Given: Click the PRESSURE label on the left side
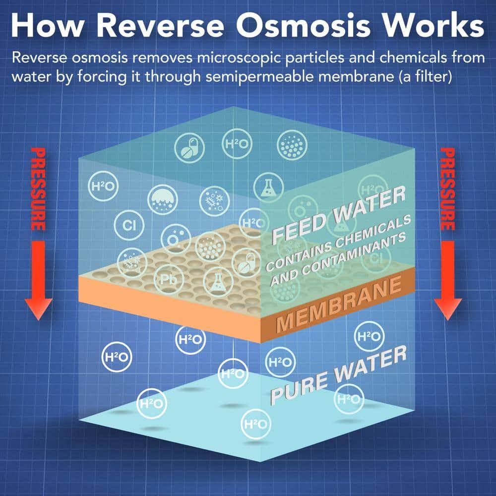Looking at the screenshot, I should tap(38, 188).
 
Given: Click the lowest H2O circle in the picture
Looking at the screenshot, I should tap(255, 424).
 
